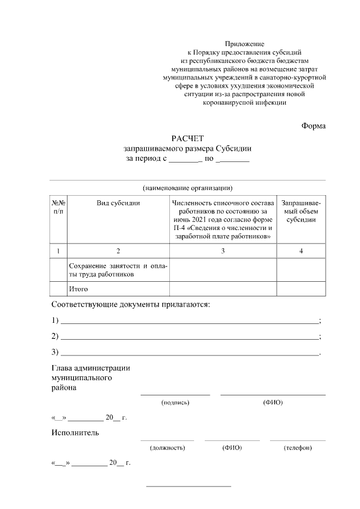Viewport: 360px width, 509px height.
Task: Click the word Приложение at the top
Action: coord(244,43)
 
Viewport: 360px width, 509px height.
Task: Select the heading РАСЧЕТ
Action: coord(187,138)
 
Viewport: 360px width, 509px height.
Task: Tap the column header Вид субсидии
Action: coord(118,202)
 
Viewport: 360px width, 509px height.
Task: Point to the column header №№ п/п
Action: coord(58,206)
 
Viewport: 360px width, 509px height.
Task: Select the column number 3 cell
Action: coord(223,251)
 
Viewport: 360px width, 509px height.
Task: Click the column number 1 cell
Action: coord(58,251)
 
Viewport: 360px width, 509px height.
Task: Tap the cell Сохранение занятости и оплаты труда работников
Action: coord(118,269)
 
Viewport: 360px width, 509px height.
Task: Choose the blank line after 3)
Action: coord(189,353)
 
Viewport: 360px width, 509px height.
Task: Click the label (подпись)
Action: coord(175,402)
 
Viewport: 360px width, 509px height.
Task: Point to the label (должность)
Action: coord(167,448)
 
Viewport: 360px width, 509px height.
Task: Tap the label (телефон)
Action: coord(298,448)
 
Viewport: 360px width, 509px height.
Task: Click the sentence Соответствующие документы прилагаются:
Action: coord(130,304)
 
